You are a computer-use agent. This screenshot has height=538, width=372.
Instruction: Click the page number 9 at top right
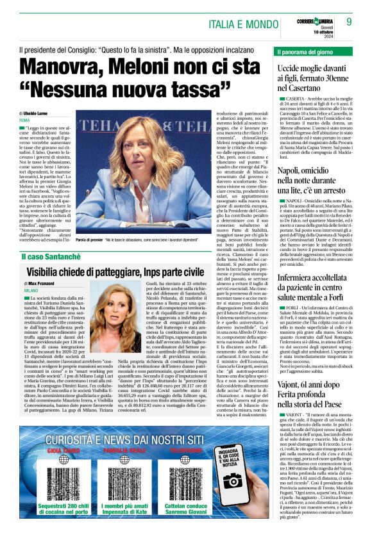click(349, 21)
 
